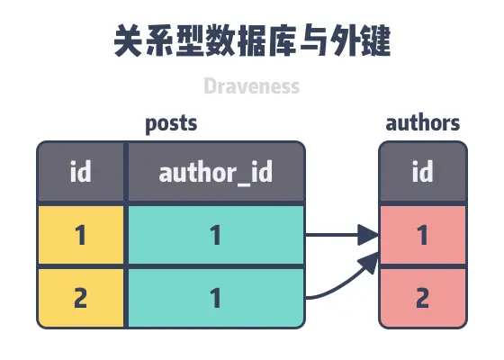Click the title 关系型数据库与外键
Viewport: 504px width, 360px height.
(x=252, y=40)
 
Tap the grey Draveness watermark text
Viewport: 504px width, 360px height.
(x=251, y=87)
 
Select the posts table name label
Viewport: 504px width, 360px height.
(x=171, y=122)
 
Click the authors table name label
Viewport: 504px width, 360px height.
(x=422, y=122)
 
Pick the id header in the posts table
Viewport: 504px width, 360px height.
(x=81, y=172)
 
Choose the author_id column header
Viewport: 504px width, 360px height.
(x=215, y=172)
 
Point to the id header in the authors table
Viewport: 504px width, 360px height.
(x=422, y=172)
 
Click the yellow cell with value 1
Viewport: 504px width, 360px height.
(x=81, y=236)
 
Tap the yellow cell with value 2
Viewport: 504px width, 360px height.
(x=81, y=298)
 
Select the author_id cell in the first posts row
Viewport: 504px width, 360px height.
(x=215, y=236)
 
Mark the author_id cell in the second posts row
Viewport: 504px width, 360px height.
(x=215, y=298)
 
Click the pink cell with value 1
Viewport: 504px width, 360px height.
(x=422, y=236)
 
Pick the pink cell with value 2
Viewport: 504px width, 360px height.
(x=422, y=298)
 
